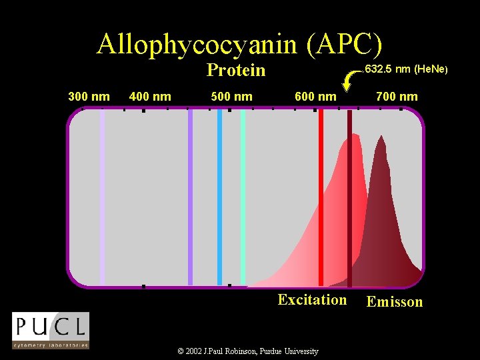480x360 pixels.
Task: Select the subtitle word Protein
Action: coord(236,70)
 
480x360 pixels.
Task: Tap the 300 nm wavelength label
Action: coord(89,97)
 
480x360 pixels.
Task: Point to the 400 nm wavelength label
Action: coord(150,97)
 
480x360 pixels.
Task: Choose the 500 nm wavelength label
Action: coord(231,97)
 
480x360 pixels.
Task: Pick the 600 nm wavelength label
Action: coord(315,97)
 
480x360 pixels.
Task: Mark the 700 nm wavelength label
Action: coord(397,97)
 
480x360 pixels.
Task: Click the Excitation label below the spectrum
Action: coord(312,299)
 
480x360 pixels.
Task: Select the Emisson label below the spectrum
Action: coord(395,302)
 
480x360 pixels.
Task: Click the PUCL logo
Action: coord(51,330)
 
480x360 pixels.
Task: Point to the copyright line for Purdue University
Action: coord(249,351)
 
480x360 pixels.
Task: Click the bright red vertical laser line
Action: coord(321,197)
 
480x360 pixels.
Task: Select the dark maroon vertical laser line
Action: coord(349,197)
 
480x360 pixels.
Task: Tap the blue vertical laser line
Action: coord(219,197)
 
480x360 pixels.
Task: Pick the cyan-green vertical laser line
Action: coord(243,197)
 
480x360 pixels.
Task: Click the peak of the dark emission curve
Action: coord(381,139)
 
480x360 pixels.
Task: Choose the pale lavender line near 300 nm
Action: coord(102,197)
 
